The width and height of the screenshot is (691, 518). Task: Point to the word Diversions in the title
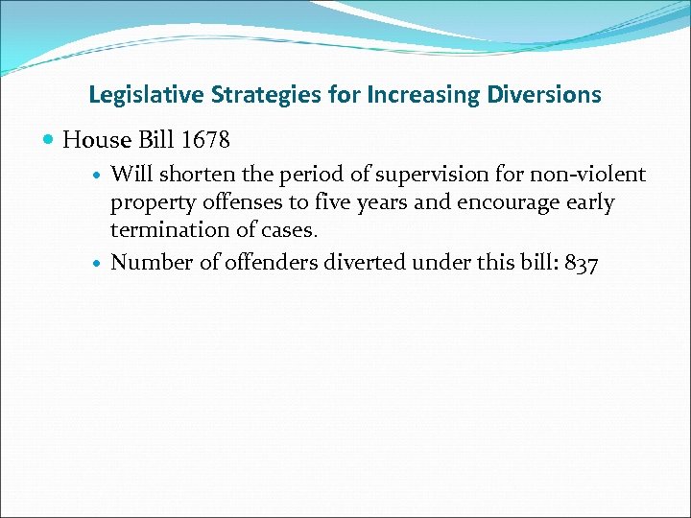[544, 95]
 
